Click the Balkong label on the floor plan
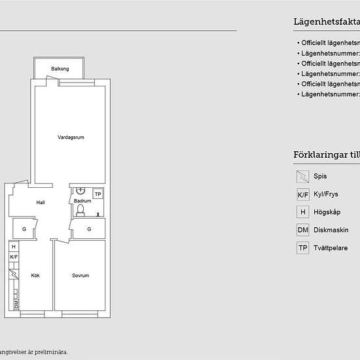click(60, 69)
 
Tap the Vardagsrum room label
click(71, 137)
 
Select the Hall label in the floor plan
click(41, 202)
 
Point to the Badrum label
click(82, 201)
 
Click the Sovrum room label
click(80, 276)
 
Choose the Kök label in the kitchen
click(35, 276)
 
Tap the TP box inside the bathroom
click(98, 194)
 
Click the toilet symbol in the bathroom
click(81, 209)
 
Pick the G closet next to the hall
click(24, 229)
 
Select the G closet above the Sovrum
click(89, 229)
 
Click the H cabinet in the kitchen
click(13, 247)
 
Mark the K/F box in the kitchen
click(13, 257)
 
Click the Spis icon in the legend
click(302, 176)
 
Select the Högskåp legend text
click(327, 212)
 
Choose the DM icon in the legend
click(302, 230)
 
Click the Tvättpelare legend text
click(331, 248)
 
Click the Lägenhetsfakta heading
click(327, 22)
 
